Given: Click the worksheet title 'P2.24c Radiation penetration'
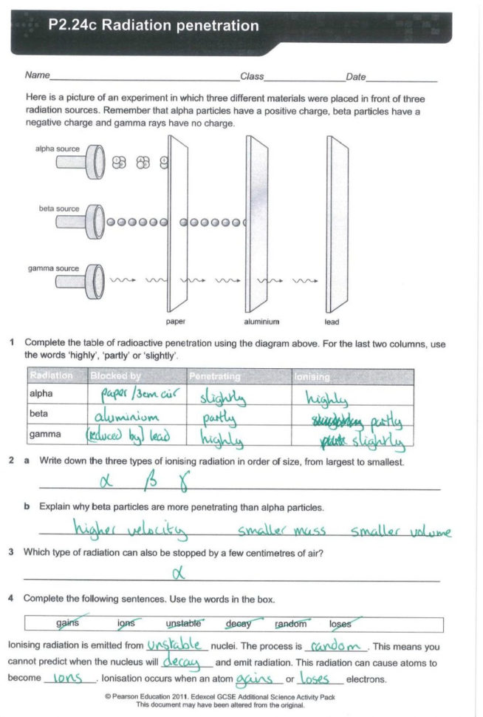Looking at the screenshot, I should click(x=154, y=26).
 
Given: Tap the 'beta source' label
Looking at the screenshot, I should click(x=59, y=209).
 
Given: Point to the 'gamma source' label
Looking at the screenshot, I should click(x=54, y=268).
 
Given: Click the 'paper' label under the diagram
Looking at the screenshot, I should click(x=176, y=322).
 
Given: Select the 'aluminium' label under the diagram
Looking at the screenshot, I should click(x=261, y=322).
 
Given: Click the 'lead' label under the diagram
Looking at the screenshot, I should click(x=332, y=322).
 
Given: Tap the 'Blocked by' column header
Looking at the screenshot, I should click(x=115, y=376).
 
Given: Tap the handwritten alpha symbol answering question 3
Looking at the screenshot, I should click(x=177, y=573).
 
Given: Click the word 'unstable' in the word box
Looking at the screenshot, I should click(x=184, y=623).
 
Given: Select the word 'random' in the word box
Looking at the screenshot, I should click(x=290, y=623).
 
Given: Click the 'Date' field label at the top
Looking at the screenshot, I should click(x=355, y=76).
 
